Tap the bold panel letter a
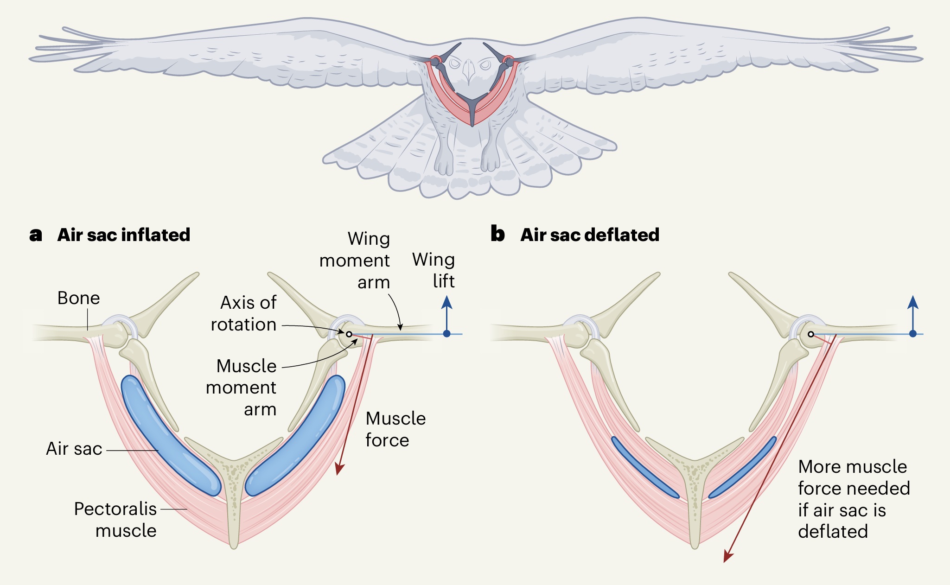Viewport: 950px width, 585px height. pyautogui.click(x=35, y=235)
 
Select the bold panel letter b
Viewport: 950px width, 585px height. pyautogui.click(x=497, y=235)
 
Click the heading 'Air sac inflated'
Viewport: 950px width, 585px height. pyautogui.click(x=124, y=235)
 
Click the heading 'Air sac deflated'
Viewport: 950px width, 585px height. pyautogui.click(x=590, y=235)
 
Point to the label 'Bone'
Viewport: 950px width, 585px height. pyautogui.click(x=78, y=298)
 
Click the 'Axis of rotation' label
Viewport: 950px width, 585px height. pyautogui.click(x=244, y=313)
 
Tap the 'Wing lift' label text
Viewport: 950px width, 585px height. pyautogui.click(x=434, y=270)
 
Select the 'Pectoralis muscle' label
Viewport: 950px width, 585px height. pyautogui.click(x=115, y=520)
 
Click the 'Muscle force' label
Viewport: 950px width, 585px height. pyautogui.click(x=395, y=429)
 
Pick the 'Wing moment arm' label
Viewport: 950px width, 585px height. pyautogui.click(x=355, y=261)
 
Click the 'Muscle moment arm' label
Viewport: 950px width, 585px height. pyautogui.click(x=242, y=388)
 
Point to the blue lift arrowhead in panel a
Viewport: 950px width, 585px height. pyautogui.click(x=446, y=303)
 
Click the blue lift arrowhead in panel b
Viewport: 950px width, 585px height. pyautogui.click(x=913, y=303)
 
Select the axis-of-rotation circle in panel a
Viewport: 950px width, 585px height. pyautogui.click(x=349, y=334)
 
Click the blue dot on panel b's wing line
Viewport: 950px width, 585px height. pyautogui.click(x=913, y=334)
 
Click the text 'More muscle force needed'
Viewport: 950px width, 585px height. pyautogui.click(x=853, y=477)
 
